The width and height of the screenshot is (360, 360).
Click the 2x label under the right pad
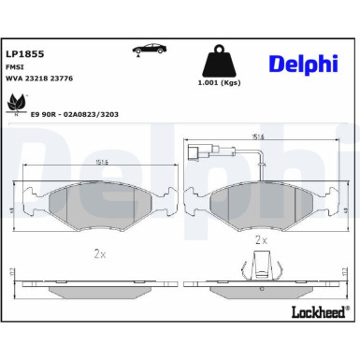point(262,240)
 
